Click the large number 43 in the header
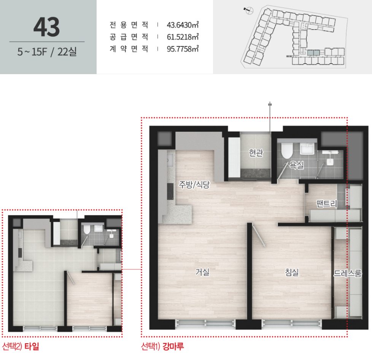[x=46, y=27]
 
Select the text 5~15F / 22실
[x=47, y=52]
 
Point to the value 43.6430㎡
[x=183, y=25]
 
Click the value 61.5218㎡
[x=183, y=37]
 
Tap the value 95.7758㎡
[x=183, y=49]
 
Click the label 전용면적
[x=129, y=25]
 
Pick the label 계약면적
[x=129, y=49]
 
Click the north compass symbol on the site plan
[x=249, y=10]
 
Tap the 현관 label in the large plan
[x=256, y=153]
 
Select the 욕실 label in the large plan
[x=297, y=165]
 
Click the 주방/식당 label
[x=194, y=184]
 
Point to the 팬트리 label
[x=327, y=203]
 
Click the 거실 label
[x=202, y=272]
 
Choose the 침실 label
[x=292, y=272]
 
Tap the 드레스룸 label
[x=348, y=273]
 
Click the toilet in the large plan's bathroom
[x=287, y=150]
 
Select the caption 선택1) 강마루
[x=162, y=346]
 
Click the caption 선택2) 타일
[x=21, y=346]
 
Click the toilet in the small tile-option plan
[x=87, y=230]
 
